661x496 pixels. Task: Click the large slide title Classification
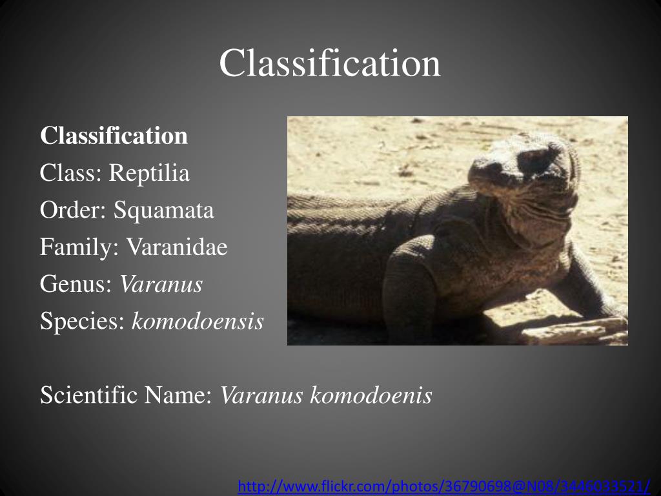(x=330, y=64)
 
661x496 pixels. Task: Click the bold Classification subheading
(x=114, y=136)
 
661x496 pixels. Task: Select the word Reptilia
(x=149, y=173)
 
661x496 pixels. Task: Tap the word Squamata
(x=164, y=211)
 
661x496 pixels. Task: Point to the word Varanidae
(x=177, y=247)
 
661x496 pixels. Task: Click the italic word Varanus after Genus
(x=161, y=284)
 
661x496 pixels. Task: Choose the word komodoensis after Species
(x=198, y=322)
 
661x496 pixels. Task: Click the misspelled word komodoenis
(x=371, y=395)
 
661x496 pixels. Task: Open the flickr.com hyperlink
(x=443, y=486)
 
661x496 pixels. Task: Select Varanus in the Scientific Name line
(x=261, y=395)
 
